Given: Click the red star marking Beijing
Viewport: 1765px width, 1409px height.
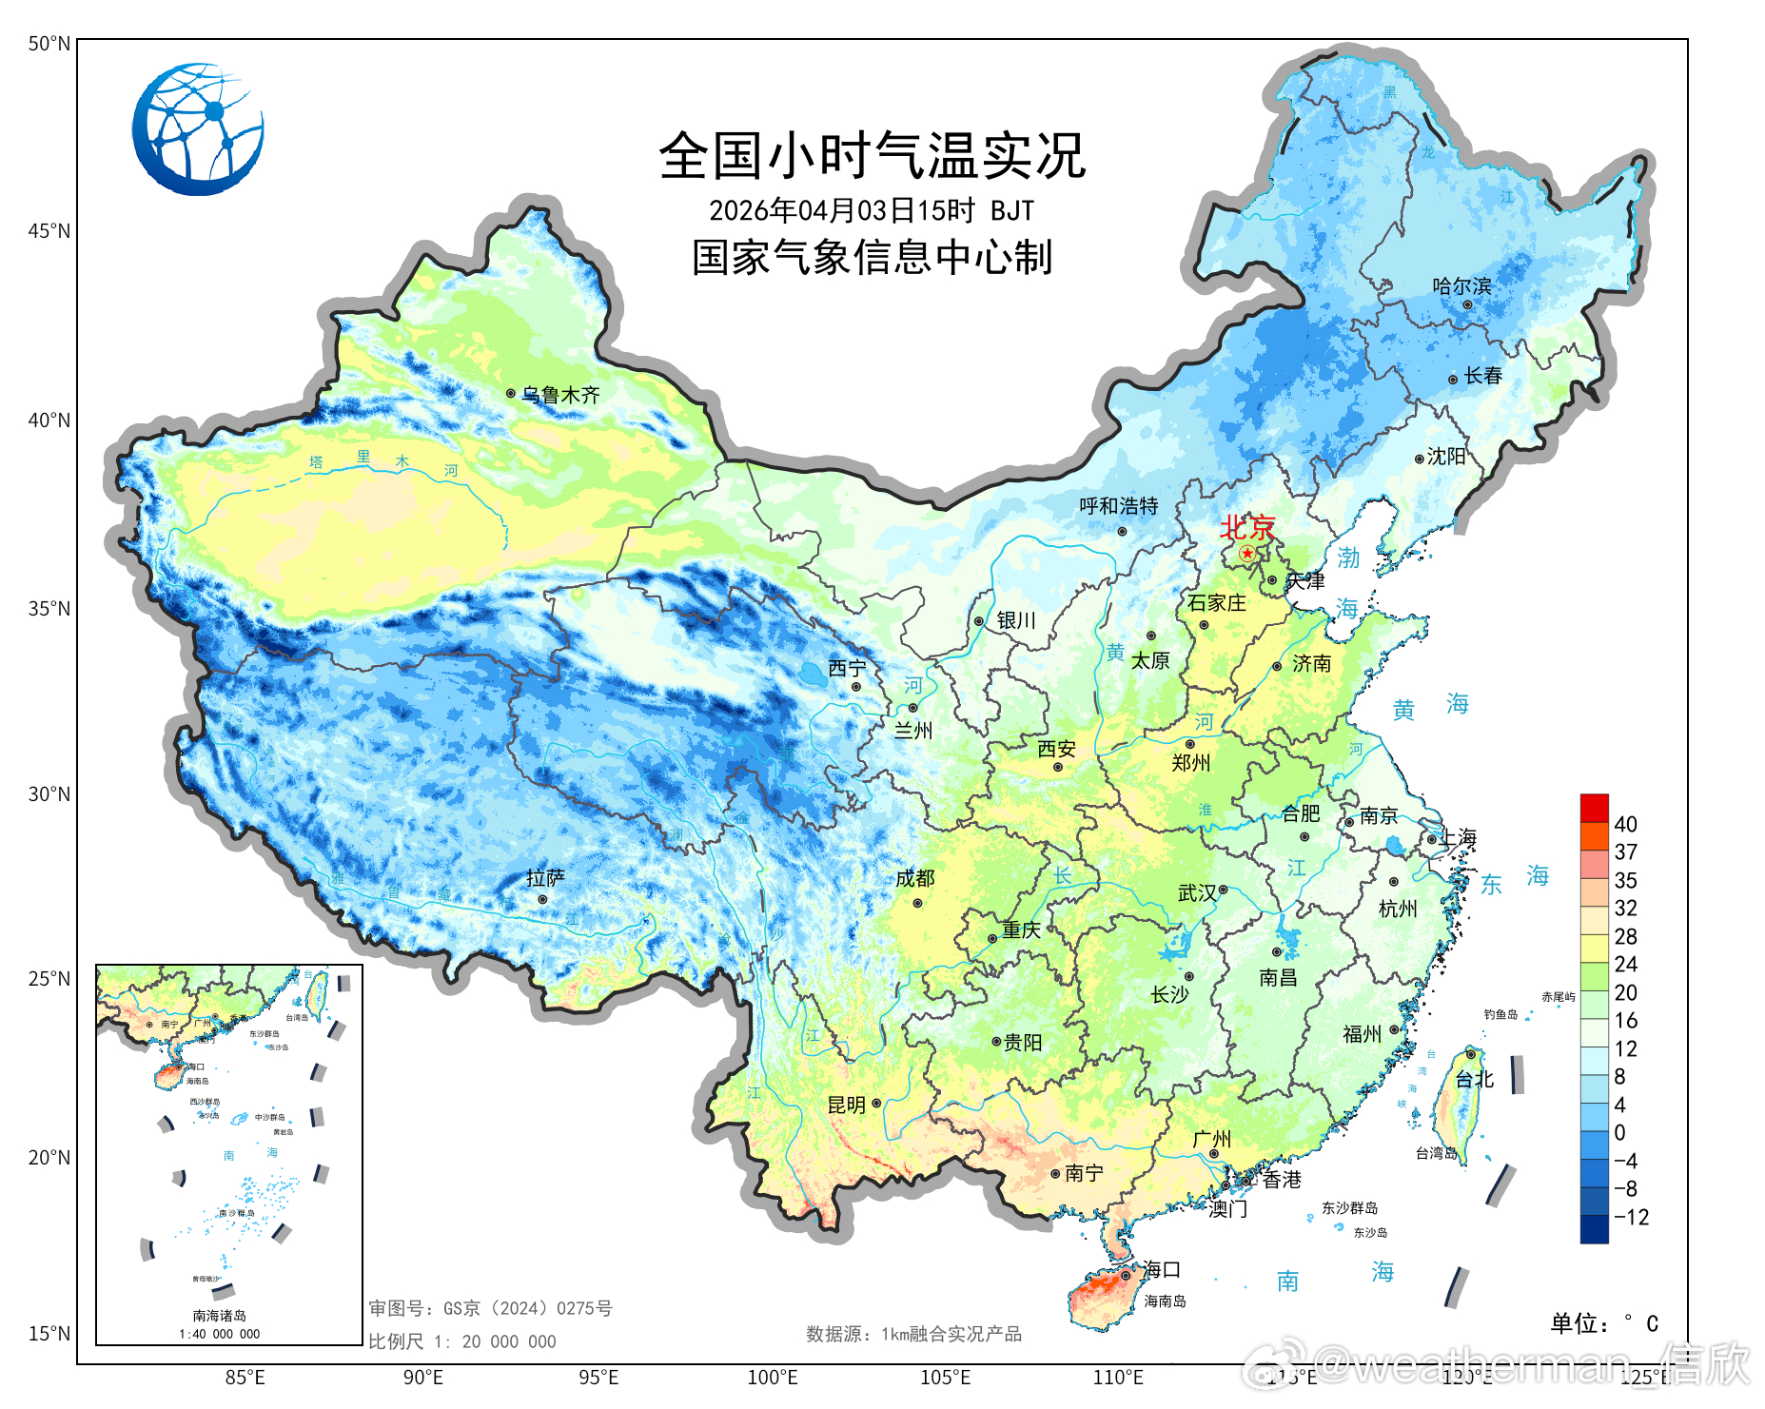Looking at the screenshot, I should pos(1246,553).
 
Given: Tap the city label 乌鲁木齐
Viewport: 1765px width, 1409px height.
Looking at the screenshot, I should pos(560,395).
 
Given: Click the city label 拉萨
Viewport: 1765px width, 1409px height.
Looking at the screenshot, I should pos(545,878).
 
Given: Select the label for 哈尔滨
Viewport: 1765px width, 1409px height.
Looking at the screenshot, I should pos(1461,286).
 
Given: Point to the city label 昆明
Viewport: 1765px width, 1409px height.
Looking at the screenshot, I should pos(846,1105).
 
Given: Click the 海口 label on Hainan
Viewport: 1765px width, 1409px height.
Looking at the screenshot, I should pos(1162,1269).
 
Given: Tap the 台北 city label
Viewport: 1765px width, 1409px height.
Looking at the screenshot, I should pos(1475,1079).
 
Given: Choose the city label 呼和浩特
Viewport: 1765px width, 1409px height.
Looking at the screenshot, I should pos(1118,506).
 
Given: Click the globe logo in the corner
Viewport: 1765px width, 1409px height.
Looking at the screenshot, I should pos(198,129).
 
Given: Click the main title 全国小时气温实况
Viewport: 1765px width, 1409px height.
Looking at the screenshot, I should pos(872,156).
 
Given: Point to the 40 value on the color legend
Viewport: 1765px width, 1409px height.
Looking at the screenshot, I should pos(1625,824).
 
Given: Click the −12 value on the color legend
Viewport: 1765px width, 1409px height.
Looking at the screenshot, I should pos(1631,1217).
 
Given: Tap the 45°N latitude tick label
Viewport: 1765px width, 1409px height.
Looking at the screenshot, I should pos(49,231).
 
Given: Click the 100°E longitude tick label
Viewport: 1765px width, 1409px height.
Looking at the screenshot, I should pos(772,1378).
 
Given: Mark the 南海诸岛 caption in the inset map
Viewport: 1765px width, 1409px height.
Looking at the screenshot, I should pos(220,1316).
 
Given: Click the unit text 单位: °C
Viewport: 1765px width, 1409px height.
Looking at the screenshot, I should pos(1604,1323).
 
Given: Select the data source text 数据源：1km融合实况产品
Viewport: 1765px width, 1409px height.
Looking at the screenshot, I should pos(913,1334).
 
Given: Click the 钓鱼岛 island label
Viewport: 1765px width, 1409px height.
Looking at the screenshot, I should pos(1500,1014).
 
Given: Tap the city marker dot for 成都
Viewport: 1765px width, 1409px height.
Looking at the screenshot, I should pos(917,903).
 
